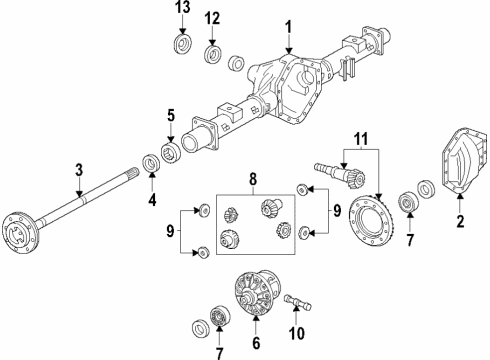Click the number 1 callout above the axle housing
click(288, 25)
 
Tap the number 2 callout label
click(460, 223)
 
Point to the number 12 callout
click(212, 19)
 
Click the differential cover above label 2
click(458, 171)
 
